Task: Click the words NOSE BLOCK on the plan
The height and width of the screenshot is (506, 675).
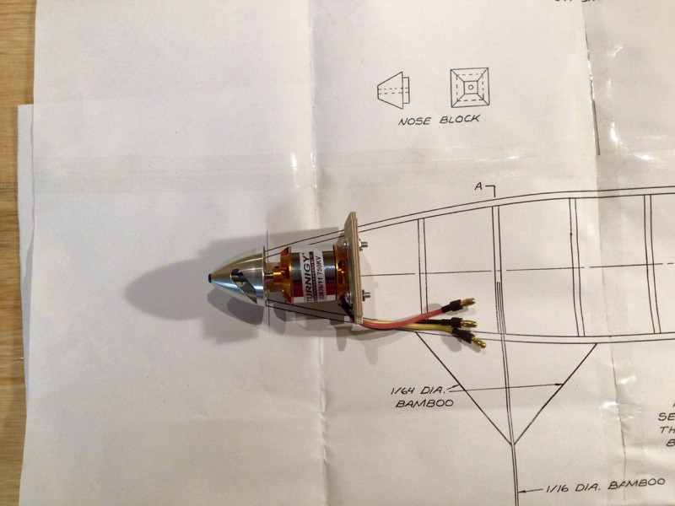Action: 440,119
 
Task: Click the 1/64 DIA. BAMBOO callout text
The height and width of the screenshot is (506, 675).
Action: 423,396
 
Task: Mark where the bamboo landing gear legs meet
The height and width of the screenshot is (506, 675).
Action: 509,441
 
